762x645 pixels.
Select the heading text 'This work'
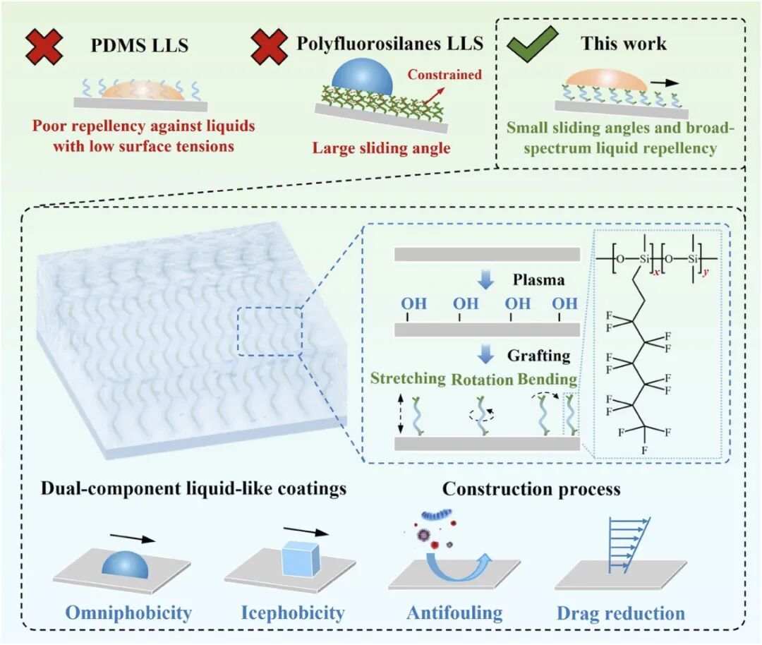coord(623,44)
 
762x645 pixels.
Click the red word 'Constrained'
coord(454,74)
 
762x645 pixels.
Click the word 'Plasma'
coord(540,279)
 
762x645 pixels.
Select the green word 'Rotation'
coord(483,379)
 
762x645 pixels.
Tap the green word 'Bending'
coord(547,379)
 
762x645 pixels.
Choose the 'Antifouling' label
coord(454,613)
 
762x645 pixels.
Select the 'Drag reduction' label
coord(621,613)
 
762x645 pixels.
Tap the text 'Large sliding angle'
coord(382,149)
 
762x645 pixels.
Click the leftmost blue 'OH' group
coord(414,304)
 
